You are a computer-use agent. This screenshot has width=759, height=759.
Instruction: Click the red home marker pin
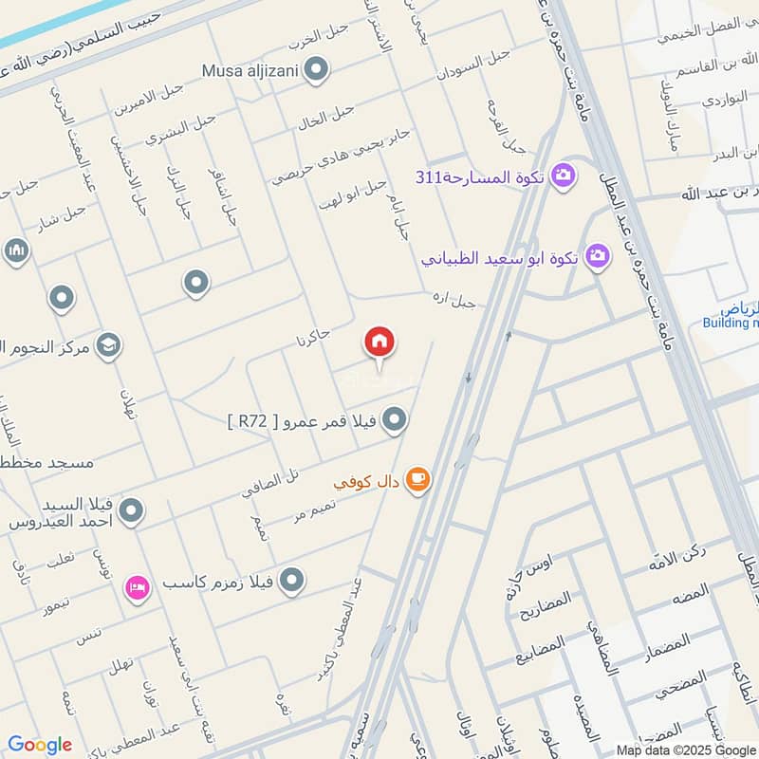click(x=379, y=343)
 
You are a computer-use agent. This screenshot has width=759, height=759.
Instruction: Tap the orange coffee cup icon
click(x=417, y=481)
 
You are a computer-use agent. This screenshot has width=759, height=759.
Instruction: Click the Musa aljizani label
click(x=249, y=70)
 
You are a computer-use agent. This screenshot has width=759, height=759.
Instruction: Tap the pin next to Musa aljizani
click(x=317, y=69)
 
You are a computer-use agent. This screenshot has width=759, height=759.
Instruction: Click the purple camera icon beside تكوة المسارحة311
click(x=563, y=176)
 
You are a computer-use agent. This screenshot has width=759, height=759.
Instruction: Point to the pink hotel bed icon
click(x=138, y=588)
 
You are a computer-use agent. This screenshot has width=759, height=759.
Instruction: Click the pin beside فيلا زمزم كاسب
click(x=292, y=579)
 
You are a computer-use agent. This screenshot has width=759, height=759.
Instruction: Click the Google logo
click(x=40, y=744)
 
